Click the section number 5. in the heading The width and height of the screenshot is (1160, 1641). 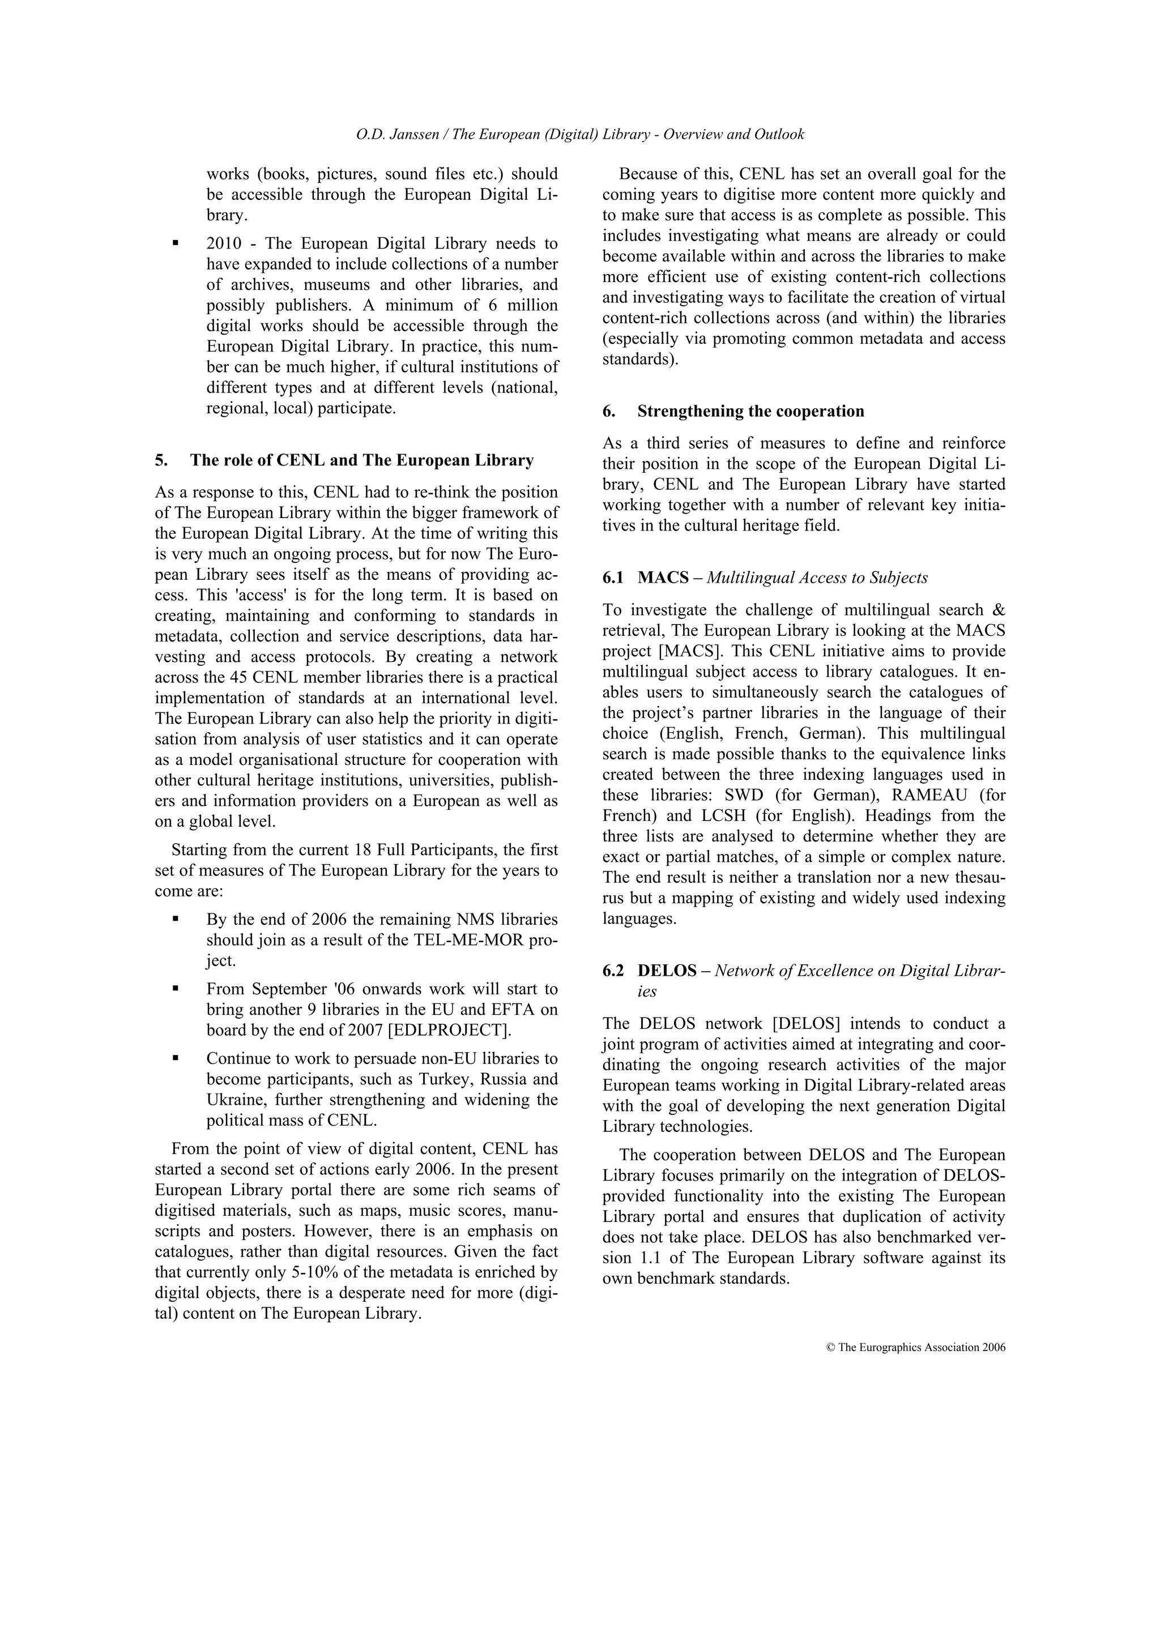pyautogui.click(x=161, y=460)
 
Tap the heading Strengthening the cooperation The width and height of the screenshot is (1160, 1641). pyautogui.click(x=750, y=411)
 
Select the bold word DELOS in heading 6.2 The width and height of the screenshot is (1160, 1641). pyautogui.click(x=667, y=971)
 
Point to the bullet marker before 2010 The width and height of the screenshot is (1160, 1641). pyautogui.click(x=175, y=243)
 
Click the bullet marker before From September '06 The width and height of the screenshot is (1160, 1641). pyautogui.click(x=175, y=989)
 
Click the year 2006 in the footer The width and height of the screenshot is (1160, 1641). pyautogui.click(x=993, y=1347)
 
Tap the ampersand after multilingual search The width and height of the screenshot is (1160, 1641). pyautogui.click(x=999, y=610)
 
